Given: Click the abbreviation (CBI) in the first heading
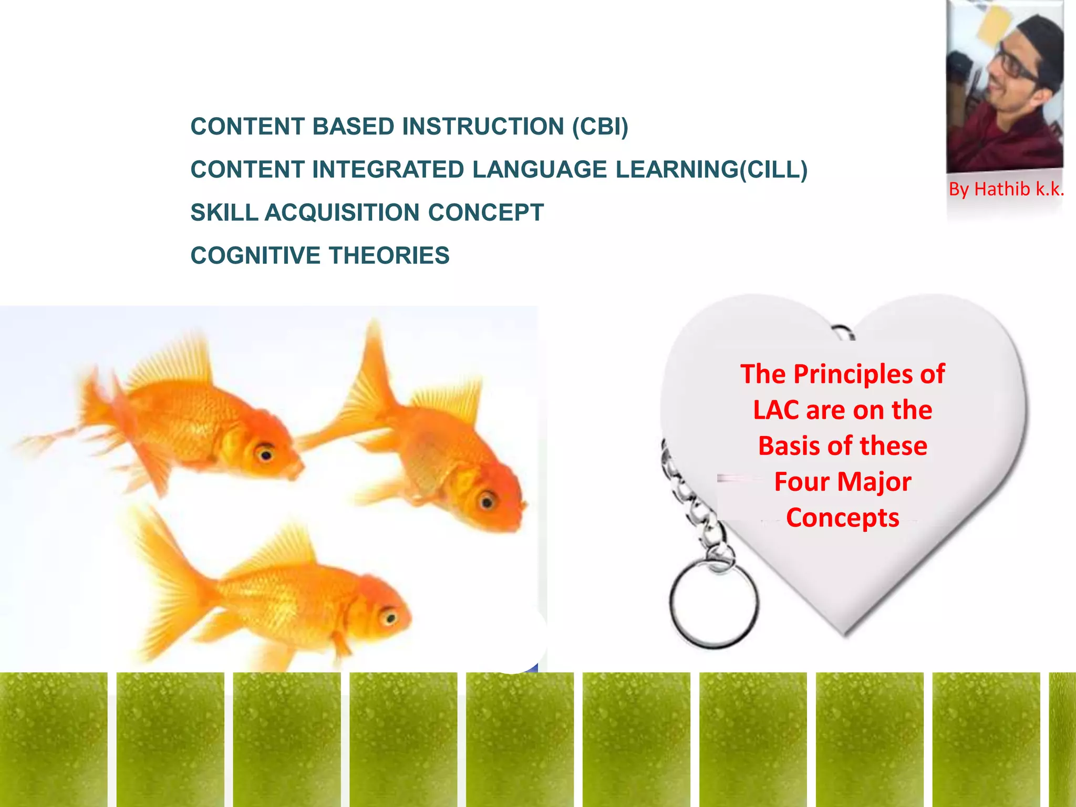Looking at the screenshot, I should pos(600,127).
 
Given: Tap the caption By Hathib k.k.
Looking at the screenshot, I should pos(1006,189).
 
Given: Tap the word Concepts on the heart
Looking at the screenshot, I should pos(843,518).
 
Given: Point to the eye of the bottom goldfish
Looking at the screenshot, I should pos(389,616).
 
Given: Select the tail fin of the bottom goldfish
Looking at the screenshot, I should pos(168,583).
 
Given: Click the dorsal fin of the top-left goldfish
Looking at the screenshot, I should pos(173,363).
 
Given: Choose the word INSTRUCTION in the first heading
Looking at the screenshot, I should pos(483,127).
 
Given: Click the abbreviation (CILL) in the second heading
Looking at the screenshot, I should pos(773,170).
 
